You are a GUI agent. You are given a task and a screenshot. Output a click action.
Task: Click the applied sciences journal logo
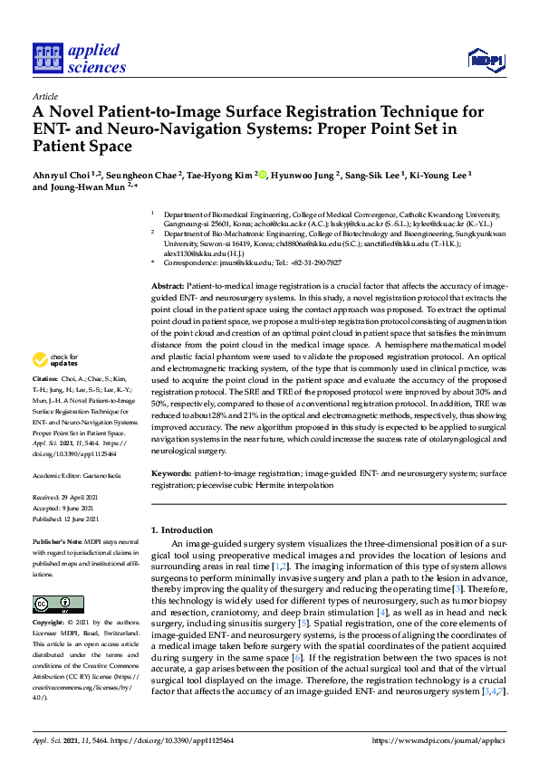tap(79, 57)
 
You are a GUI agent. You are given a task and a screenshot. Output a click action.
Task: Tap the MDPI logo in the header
tap(485, 61)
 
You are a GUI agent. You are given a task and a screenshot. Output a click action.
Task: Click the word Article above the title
tap(44, 95)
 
